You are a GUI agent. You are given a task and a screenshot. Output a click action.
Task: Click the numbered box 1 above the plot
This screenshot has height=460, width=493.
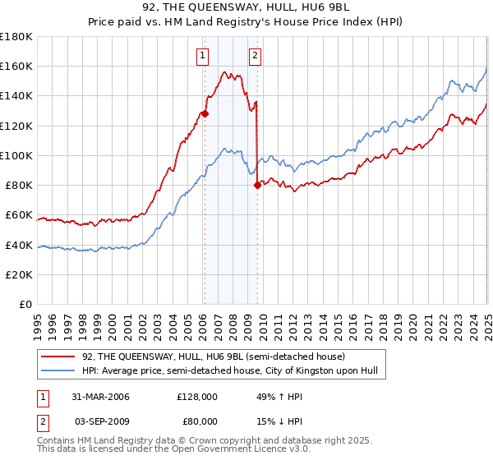(x=202, y=56)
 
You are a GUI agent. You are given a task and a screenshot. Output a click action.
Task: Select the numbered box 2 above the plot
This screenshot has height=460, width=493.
(x=256, y=56)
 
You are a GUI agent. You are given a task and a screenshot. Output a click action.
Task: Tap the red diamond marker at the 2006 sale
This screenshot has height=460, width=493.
(x=205, y=114)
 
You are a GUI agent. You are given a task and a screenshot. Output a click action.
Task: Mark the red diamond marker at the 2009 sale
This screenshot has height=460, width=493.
(x=257, y=185)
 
